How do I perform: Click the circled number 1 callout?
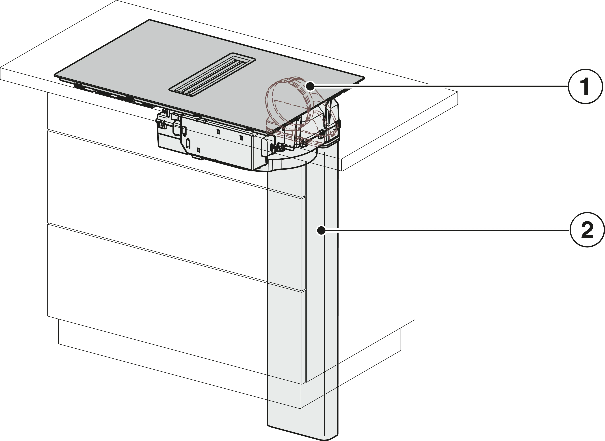pos(585,86)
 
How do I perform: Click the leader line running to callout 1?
pos(440,86)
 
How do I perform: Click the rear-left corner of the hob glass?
pos(150,21)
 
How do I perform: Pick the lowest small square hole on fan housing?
pos(199,150)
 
